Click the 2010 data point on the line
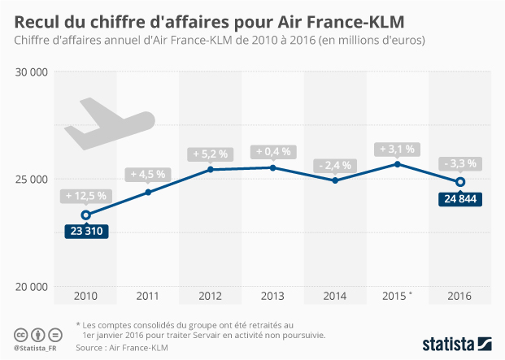(85, 215)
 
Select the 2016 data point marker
(460, 182)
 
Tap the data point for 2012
(211, 169)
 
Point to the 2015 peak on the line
(398, 164)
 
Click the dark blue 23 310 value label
(85, 231)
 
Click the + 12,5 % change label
(85, 196)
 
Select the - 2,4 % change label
(335, 165)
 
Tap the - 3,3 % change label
(460, 163)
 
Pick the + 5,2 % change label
(211, 153)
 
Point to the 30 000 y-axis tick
(33, 72)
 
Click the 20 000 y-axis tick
(33, 287)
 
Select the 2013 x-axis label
(272, 296)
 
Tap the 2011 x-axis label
(148, 296)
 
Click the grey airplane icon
(108, 124)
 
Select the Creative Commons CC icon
(20, 335)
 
